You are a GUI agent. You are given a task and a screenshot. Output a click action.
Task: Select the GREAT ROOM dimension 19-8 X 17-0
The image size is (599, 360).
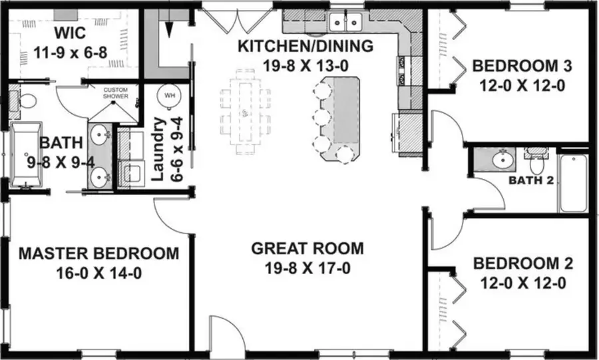point(307,269)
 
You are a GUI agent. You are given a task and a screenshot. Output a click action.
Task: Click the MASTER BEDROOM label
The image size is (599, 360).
point(99,253)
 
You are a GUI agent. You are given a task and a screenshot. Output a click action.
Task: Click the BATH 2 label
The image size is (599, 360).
point(530,180)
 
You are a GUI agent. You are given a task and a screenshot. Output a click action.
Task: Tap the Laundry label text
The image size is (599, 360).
point(158,149)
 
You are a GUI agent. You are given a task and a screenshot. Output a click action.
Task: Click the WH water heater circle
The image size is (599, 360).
point(168,95)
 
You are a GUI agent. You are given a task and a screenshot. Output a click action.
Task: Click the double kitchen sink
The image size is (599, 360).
point(346,22)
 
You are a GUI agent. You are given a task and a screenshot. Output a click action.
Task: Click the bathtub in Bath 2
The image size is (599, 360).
point(572,182)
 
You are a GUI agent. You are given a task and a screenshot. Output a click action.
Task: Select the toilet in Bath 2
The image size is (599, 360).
point(535,159)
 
